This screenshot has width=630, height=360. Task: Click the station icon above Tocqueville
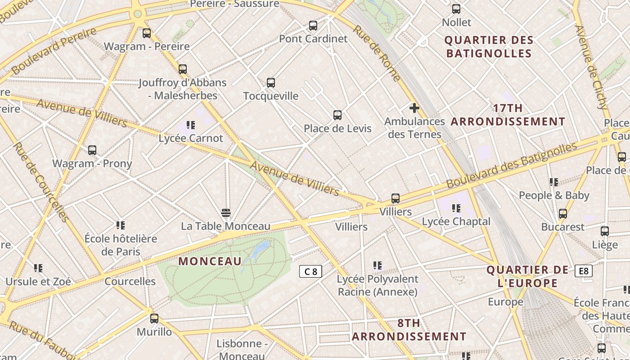pyautogui.click(x=270, y=83)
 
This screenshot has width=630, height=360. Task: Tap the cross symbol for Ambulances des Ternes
pyautogui.click(x=414, y=108)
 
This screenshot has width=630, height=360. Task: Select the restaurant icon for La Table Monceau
pyautogui.click(x=226, y=212)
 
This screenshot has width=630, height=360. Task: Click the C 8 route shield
pyautogui.click(x=310, y=271)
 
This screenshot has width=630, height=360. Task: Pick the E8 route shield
pyautogui.click(x=583, y=271)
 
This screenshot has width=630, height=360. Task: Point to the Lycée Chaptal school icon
pyautogui.click(x=456, y=208)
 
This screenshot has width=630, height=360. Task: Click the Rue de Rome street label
pyautogui.click(x=376, y=53)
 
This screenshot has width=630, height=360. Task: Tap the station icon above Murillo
pyautogui.click(x=154, y=319)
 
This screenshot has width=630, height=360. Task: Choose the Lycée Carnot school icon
pyautogui.click(x=191, y=125)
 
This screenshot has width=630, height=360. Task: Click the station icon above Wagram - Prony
pyautogui.click(x=92, y=150)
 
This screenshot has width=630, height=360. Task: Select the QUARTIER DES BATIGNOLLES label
pyautogui.click(x=489, y=47)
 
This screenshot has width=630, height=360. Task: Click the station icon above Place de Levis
pyautogui.click(x=337, y=115)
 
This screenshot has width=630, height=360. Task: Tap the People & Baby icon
pyautogui.click(x=553, y=182)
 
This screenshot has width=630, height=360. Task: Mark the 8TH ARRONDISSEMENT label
pyautogui.click(x=409, y=330)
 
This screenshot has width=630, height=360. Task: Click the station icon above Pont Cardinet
pyautogui.click(x=313, y=26)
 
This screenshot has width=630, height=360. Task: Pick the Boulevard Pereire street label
pyautogui.click(x=54, y=50)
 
